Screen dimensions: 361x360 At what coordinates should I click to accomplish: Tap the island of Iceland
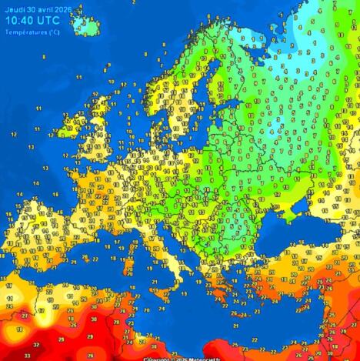point(86,23)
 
